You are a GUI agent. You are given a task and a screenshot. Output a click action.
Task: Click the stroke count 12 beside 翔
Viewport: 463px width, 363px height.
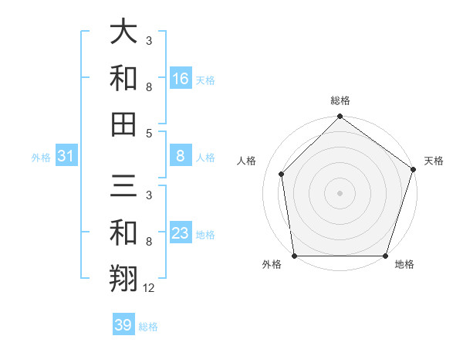coord(149,288)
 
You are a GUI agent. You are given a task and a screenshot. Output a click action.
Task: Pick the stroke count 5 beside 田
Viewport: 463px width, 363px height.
coord(149,133)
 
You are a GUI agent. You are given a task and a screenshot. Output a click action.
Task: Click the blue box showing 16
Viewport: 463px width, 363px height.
coord(181,78)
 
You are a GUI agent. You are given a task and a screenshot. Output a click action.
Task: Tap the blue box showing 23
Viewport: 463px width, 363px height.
coord(181,233)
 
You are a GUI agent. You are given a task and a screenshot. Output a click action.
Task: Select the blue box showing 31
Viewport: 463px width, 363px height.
coord(66,157)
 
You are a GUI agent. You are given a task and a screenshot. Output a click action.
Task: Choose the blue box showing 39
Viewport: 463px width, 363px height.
coord(123,325)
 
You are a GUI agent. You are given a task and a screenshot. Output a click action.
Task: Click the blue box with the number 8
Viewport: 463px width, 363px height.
coord(181,157)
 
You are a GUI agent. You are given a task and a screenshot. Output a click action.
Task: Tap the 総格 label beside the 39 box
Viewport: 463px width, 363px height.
coord(148,327)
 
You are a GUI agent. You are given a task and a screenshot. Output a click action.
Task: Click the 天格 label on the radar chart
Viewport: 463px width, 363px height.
coord(434,161)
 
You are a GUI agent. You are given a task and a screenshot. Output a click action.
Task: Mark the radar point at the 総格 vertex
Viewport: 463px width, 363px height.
coord(340,117)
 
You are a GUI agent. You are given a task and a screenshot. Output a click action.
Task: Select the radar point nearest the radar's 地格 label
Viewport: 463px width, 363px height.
coord(386,256)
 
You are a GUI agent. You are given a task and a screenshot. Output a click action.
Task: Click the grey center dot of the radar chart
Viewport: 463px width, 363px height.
coord(340,192)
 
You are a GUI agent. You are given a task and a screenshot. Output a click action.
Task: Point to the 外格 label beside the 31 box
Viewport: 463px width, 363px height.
coord(41,158)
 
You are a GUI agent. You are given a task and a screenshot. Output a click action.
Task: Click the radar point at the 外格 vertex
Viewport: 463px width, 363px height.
coord(294,256)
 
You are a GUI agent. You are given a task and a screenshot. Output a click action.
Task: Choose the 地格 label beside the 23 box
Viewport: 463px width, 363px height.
coord(205,234)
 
